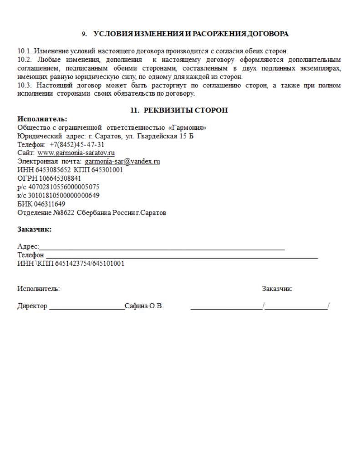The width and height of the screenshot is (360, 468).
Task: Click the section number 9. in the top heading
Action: pyautogui.click(x=84, y=34)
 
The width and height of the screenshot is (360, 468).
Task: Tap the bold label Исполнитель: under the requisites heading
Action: pyautogui.click(x=42, y=119)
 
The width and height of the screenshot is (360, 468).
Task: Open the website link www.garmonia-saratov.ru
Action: pyautogui.click(x=76, y=153)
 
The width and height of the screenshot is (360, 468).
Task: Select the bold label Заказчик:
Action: pyautogui.click(x=34, y=229)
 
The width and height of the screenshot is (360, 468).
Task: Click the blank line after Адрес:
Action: pyautogui.click(x=162, y=249)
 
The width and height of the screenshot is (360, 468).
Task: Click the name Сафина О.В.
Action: pyautogui.click(x=144, y=306)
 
